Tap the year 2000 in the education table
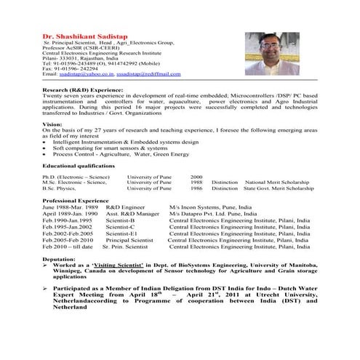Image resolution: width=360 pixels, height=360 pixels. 196,177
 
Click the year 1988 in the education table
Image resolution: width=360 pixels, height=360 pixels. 196,183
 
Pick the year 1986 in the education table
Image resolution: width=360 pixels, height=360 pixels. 196,188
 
